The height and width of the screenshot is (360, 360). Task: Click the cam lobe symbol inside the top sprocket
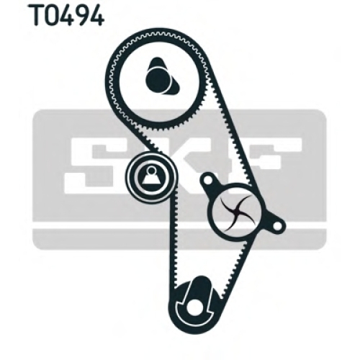[x=161, y=76]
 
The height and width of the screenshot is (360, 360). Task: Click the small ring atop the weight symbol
[x=151, y=170]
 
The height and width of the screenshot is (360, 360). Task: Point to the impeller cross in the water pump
[x=236, y=212]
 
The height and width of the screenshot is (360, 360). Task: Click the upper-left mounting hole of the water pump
[x=207, y=180]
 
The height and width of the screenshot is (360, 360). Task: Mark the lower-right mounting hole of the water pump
[x=277, y=225]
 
